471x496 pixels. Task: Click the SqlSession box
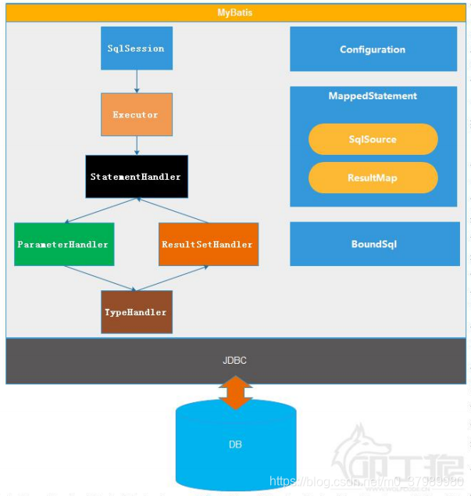[x=137, y=49]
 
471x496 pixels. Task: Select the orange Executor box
[x=136, y=115]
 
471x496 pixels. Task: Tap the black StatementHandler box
[x=136, y=177]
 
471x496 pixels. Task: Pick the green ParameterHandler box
[x=63, y=244]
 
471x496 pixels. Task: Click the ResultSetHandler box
[x=208, y=244]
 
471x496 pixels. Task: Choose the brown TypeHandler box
[x=137, y=312]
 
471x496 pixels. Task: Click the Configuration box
[x=373, y=49]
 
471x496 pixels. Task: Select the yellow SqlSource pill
[x=373, y=139]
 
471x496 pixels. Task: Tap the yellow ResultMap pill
[x=373, y=178]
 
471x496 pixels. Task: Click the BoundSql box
[x=374, y=244]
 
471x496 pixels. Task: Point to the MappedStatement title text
[x=373, y=96]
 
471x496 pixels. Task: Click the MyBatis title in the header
[x=235, y=13]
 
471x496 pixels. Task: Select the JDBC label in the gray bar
[x=235, y=361]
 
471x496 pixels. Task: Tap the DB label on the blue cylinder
[x=235, y=444]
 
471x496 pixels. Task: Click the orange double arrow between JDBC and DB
[x=235, y=392]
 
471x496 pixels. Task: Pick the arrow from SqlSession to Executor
[x=137, y=81]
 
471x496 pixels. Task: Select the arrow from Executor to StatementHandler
[x=137, y=145]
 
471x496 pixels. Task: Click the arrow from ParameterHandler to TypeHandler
[x=98, y=279]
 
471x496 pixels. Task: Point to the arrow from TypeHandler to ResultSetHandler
[x=173, y=279]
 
